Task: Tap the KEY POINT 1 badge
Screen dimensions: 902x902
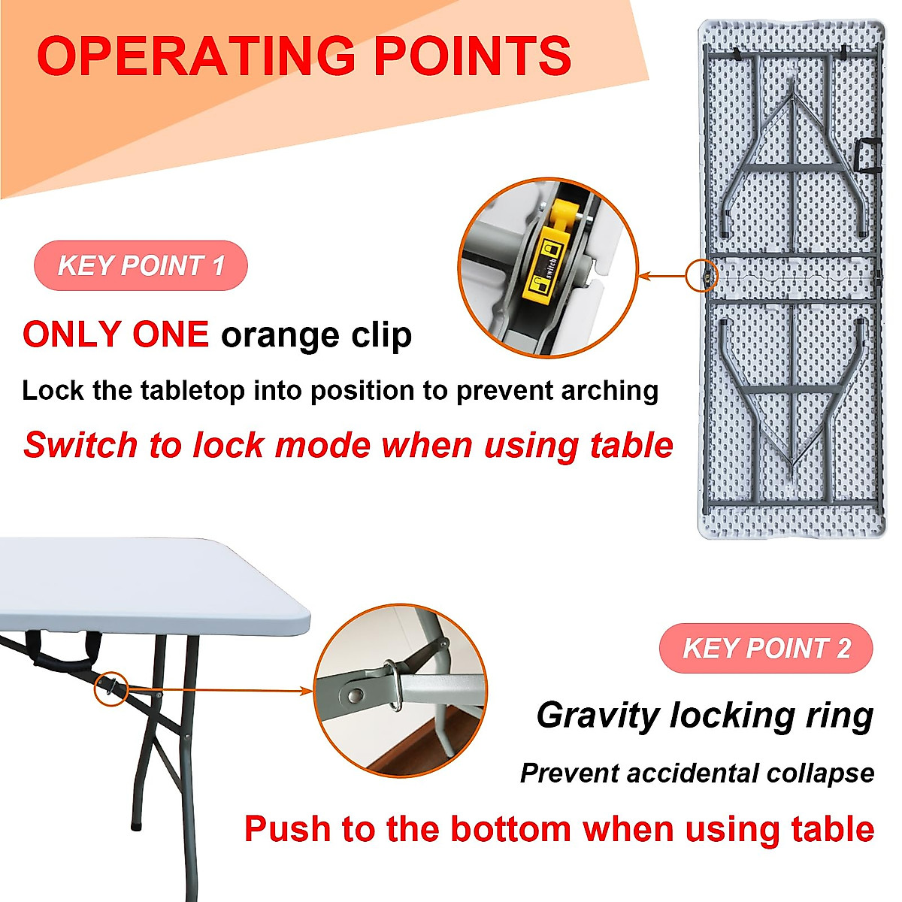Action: tap(141, 265)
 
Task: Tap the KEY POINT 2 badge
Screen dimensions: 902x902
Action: tap(766, 648)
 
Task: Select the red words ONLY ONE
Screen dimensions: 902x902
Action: tap(116, 334)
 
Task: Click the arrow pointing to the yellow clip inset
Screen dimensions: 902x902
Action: tap(661, 277)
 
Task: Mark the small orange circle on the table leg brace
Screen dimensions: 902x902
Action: tap(111, 688)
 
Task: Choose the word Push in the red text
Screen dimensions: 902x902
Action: tap(286, 829)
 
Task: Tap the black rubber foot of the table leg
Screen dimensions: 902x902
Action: tap(136, 825)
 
